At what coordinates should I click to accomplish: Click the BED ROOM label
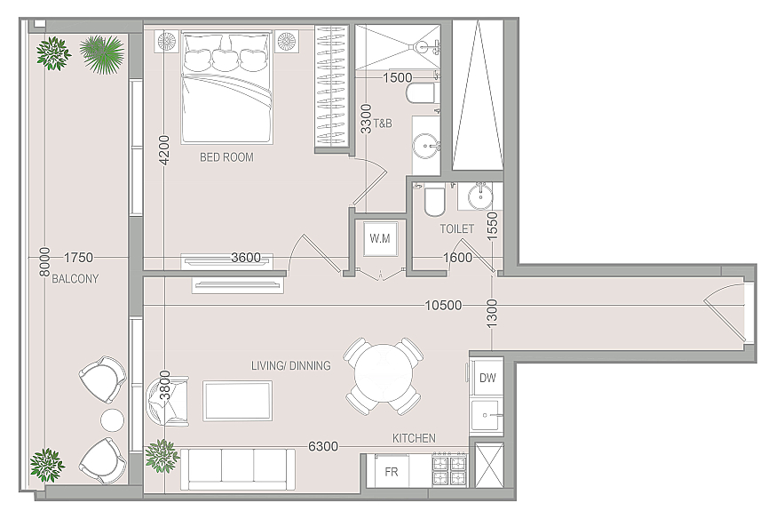coord(226,157)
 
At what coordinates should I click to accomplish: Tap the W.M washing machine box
coord(380,239)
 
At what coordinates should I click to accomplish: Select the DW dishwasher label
coord(487,378)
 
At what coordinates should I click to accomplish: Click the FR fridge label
coord(392,472)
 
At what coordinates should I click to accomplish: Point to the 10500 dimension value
coord(443,305)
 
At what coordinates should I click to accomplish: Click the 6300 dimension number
coord(323,446)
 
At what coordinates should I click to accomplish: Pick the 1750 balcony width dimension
coord(79,258)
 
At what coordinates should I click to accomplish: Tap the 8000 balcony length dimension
coord(45,262)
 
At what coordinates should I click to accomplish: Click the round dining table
coord(384,377)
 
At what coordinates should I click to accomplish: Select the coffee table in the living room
coord(237,401)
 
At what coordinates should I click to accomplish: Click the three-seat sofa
coord(237,468)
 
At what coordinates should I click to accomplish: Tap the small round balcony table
coord(113,420)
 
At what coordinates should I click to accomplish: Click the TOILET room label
coord(456,228)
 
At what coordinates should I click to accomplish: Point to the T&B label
coord(383,124)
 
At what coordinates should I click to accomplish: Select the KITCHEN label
coord(415,438)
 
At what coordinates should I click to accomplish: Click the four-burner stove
coord(449,469)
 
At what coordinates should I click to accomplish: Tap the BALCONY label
coord(75,279)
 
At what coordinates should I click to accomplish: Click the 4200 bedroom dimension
coord(164,150)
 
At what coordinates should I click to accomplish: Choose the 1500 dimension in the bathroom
coord(398,77)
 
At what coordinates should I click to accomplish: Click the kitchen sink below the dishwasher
coord(487,415)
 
